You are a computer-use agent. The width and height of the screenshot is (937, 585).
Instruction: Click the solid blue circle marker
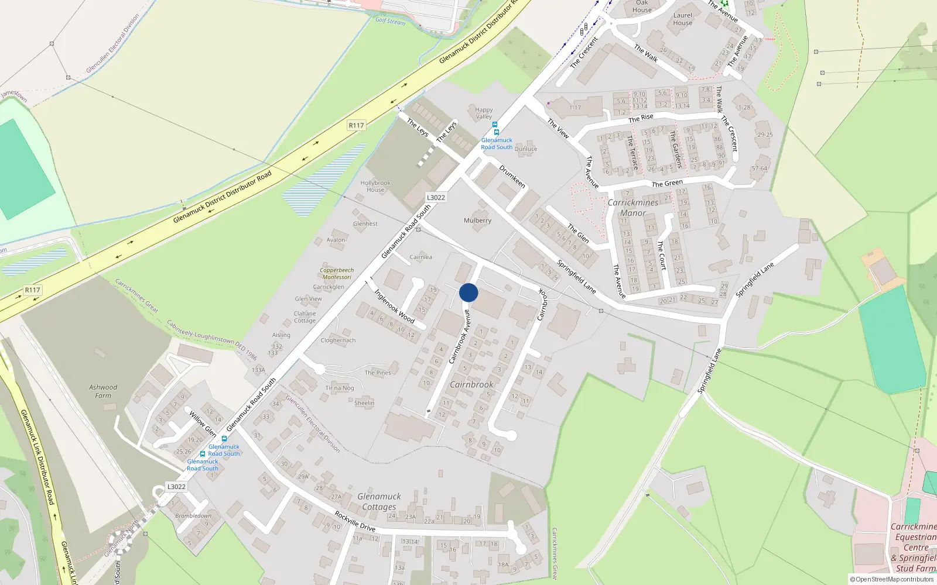tap(468, 292)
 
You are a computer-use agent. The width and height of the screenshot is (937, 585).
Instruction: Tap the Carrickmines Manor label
tap(632, 208)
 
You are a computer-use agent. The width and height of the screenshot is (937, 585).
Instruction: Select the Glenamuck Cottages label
tap(379, 502)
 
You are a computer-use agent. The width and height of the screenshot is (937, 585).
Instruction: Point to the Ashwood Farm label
tap(103, 391)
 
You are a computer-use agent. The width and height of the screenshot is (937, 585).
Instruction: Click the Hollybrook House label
tap(375, 186)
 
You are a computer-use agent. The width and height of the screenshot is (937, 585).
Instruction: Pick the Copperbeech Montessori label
tap(337, 274)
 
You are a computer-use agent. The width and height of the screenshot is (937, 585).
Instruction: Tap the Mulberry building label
tap(477, 221)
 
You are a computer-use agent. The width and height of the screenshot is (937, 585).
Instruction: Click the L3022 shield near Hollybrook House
tap(436, 198)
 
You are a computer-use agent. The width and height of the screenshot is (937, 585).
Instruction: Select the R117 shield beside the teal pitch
tap(33, 290)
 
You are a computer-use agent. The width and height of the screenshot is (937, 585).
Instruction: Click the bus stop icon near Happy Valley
tap(495, 125)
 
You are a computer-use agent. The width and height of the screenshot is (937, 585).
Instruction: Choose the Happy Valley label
tap(484, 113)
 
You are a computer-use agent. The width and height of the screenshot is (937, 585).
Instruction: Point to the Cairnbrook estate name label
tap(471, 384)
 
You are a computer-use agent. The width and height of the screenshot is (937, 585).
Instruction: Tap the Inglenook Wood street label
tap(394, 306)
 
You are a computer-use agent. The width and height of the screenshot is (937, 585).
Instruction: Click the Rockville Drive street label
tap(355, 521)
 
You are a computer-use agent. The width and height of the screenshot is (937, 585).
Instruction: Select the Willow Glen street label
tap(203, 424)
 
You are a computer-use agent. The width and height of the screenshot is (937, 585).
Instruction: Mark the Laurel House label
tap(682, 19)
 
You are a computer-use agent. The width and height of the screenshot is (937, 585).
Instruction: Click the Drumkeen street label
tap(512, 176)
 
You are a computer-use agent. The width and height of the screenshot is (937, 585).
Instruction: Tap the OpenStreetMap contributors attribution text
tap(891, 580)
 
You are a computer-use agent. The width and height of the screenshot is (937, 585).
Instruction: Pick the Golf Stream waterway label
tap(390, 21)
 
